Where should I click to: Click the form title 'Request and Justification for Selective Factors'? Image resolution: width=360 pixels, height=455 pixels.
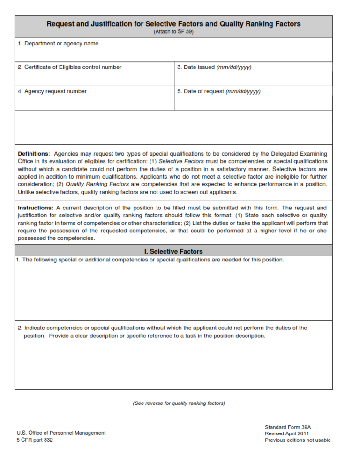click(173, 24)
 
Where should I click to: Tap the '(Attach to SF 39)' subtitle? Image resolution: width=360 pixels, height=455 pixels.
click(173, 32)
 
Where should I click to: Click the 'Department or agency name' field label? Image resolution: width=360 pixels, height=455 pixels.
click(58, 44)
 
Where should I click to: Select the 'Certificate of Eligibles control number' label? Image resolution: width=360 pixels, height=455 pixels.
click(69, 67)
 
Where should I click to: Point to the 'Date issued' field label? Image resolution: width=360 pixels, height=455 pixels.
click(214, 67)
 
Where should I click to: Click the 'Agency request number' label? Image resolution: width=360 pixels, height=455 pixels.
click(52, 91)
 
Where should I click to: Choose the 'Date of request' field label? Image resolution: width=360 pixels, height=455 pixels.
click(219, 91)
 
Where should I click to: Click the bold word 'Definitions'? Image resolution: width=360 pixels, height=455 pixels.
click(33, 154)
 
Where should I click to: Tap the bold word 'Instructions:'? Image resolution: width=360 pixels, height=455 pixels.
click(36, 208)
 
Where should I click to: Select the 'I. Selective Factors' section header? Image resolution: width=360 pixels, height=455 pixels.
click(173, 251)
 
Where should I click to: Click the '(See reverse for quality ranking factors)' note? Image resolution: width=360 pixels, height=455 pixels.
click(179, 403)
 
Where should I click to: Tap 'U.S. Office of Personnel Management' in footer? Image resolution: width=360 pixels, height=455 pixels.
click(61, 433)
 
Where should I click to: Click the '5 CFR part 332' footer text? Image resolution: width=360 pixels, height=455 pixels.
click(35, 440)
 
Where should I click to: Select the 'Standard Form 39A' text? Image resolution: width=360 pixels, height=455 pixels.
click(288, 427)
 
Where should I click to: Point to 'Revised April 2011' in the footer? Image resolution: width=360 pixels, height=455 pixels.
click(287, 433)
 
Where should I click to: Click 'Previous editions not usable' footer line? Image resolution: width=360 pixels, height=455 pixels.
click(298, 440)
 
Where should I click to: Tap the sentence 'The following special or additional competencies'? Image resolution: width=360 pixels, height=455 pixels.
click(150, 260)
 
